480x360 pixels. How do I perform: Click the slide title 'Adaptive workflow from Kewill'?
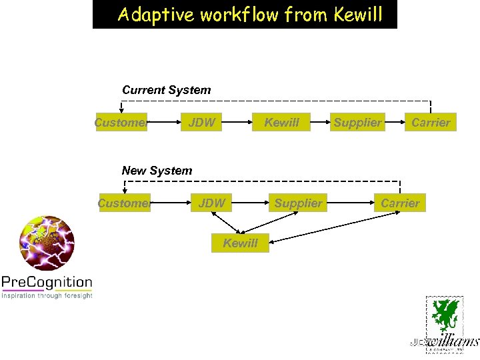point(245,15)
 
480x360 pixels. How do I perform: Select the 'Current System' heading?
point(166,90)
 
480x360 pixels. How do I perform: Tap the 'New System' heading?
point(157,171)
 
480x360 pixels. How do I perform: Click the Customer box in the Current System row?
point(121,122)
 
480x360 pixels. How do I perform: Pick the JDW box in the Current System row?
point(202,122)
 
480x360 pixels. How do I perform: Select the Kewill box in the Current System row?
point(281,122)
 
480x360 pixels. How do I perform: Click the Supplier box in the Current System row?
point(358,122)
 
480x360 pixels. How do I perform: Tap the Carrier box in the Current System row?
point(431,122)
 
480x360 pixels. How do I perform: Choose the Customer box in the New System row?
point(125,203)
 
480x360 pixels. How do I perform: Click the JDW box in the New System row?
point(212,203)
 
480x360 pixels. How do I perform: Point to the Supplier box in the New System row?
point(298,203)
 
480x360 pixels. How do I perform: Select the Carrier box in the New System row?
point(400,203)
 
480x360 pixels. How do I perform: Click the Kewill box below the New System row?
point(240,243)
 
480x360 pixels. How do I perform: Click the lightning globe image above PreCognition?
point(47,243)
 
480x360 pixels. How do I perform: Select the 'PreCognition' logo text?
point(47,282)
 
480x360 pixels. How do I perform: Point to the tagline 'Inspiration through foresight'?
point(47,295)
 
